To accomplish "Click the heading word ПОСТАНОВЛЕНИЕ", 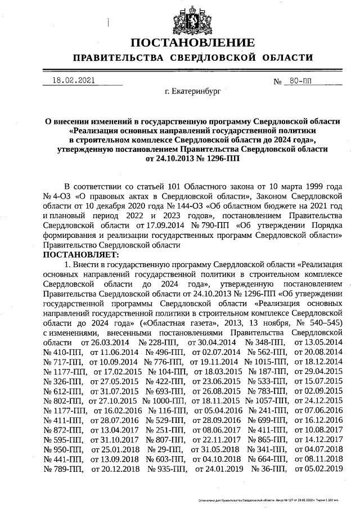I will [192, 44].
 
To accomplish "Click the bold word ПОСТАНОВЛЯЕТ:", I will [77, 255].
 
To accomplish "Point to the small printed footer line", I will [268, 498].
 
